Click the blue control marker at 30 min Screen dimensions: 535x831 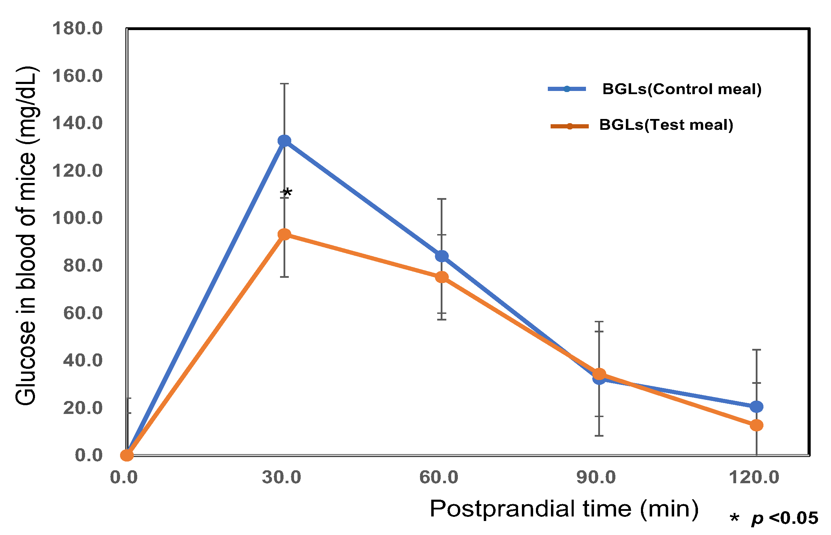pos(284,141)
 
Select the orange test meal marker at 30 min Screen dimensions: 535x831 pos(284,234)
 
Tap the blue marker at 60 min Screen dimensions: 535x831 pos(442,256)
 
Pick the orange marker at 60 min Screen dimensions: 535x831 pos(442,277)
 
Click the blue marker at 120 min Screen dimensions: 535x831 pos(756,407)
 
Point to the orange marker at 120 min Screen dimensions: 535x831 pos(756,425)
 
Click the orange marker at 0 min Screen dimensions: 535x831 pos(127,455)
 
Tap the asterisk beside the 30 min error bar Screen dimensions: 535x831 pos(287,193)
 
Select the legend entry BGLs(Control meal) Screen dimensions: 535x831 pos(682,89)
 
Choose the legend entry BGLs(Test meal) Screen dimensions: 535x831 pos(666,125)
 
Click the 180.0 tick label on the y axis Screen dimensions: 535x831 pos(77,29)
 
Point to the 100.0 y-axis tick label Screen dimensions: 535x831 pos(77,218)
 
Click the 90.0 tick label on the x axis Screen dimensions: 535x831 pos(596,477)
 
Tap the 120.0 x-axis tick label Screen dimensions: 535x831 pos(754,477)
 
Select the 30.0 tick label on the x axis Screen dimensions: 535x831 pos(281,477)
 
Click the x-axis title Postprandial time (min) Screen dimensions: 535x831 pos(564,508)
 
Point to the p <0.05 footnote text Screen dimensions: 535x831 pos(784,518)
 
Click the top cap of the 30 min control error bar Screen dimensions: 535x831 pos(284,84)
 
